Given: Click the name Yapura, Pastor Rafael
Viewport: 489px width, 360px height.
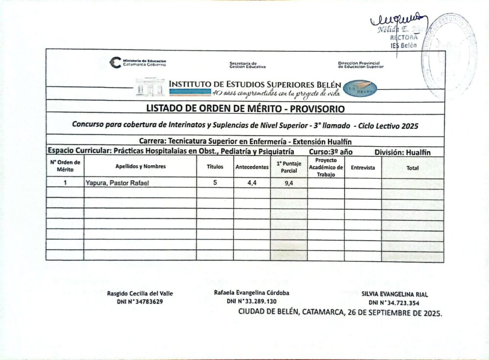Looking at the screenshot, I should tap(116, 183).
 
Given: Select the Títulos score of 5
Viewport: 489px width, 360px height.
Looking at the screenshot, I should tap(215, 183).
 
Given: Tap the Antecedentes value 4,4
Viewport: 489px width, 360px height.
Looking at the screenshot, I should tap(252, 183).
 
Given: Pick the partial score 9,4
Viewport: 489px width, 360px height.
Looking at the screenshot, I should tap(289, 184).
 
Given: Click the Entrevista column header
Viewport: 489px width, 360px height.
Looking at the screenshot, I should tap(363, 168).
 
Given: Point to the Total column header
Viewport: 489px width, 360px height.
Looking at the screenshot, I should tap(413, 168).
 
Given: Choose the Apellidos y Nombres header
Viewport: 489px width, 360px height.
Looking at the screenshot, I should tap(140, 166).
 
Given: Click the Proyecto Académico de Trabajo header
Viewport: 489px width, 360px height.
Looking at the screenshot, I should tap(326, 167).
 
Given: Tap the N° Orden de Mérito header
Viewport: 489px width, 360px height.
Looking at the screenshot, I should tap(65, 166).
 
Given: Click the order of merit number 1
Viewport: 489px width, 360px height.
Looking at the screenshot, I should tap(65, 183).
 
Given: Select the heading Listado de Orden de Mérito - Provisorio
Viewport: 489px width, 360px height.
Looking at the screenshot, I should tap(245, 108).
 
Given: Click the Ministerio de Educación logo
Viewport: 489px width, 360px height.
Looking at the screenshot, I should tap(115, 62).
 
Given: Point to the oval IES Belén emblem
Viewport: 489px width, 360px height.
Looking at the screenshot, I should tap(360, 89).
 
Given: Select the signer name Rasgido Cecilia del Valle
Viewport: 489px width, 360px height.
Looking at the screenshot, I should tap(140, 293).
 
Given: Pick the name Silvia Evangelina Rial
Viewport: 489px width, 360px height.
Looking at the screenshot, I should tap(395, 294).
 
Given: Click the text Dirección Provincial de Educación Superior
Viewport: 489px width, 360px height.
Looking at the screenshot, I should tap(361, 65).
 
